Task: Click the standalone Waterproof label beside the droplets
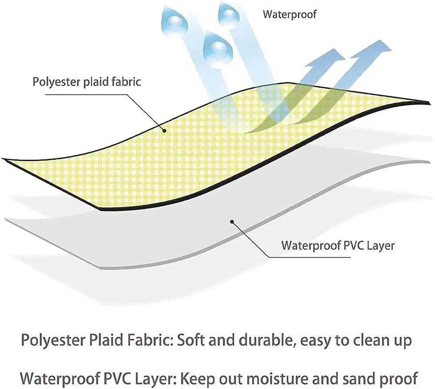tap(289, 14)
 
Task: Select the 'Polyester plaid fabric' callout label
tap(87, 81)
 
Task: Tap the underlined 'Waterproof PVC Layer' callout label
tap(338, 245)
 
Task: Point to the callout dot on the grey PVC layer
tap(232, 222)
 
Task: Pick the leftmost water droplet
tap(174, 21)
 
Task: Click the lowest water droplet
tap(217, 51)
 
